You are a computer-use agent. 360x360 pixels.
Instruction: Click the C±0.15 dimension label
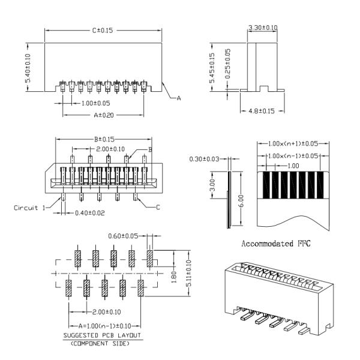pos(103,29)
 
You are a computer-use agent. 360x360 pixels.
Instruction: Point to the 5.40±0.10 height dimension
pos(28,71)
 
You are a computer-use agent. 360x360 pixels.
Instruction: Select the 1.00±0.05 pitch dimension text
pos(95,103)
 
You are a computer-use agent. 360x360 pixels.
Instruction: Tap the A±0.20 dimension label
pos(104,114)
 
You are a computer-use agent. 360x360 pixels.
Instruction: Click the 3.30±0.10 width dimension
pos(262,28)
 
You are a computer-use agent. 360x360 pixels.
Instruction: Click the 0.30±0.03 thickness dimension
pos(204,158)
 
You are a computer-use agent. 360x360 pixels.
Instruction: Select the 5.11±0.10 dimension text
pos(188,276)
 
